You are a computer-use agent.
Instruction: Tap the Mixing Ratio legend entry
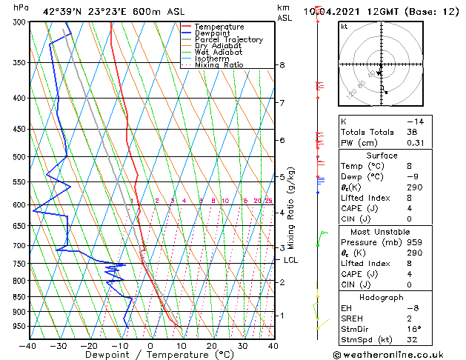pyautogui.click(x=219, y=65)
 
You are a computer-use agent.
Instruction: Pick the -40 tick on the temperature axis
pyautogui.click(x=28, y=345)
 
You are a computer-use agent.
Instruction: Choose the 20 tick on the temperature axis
pyautogui.click(x=212, y=345)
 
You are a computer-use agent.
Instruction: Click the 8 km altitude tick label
pyautogui.click(x=282, y=65)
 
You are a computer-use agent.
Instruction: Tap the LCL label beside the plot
pyautogui.click(x=291, y=260)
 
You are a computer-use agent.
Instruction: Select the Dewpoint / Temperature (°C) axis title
pyautogui.click(x=150, y=355)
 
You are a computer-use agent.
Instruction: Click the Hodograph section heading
pyautogui.click(x=382, y=297)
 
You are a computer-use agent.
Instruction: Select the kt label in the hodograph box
pyautogui.click(x=344, y=26)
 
